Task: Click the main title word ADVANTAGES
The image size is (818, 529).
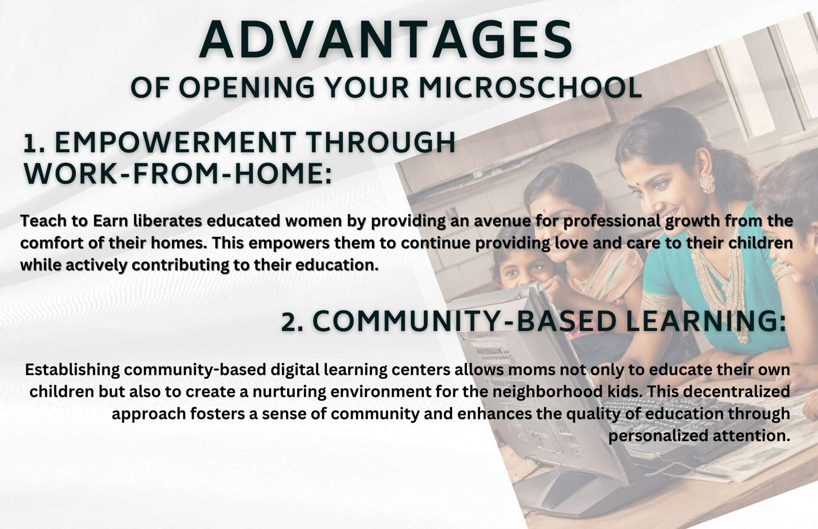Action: (x=386, y=39)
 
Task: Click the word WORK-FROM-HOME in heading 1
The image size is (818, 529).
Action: (x=178, y=174)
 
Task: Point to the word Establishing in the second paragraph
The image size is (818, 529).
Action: (x=72, y=370)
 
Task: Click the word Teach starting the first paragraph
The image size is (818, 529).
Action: (x=43, y=221)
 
